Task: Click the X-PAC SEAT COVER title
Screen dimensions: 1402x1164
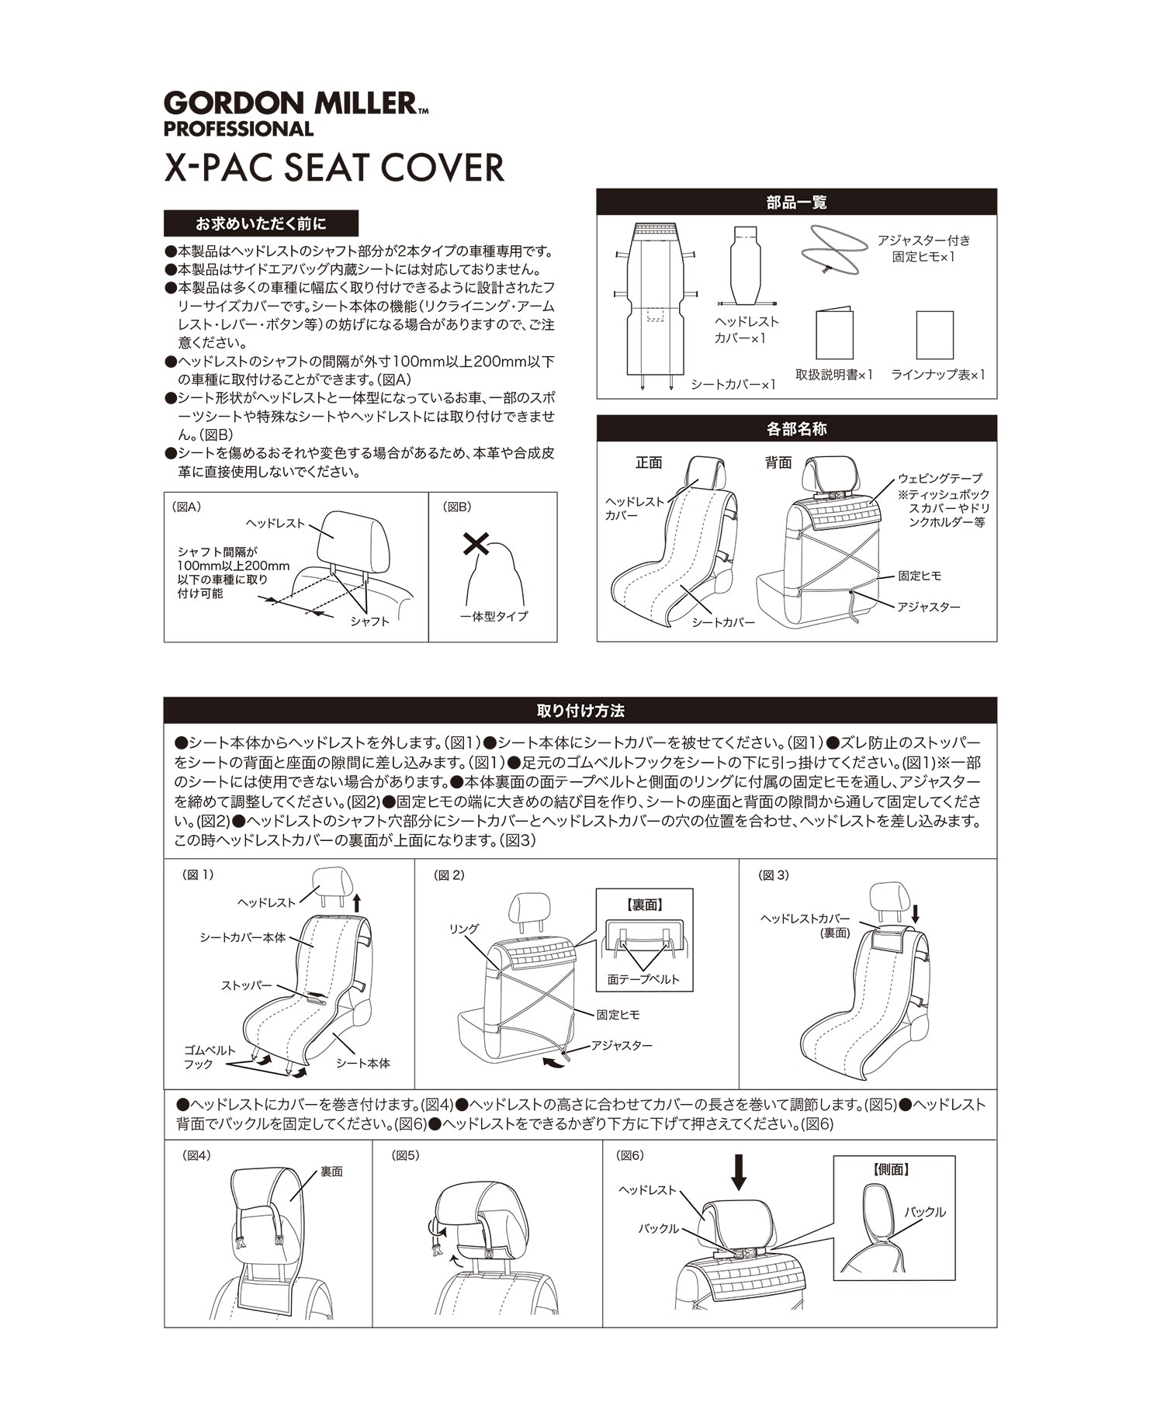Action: click(334, 168)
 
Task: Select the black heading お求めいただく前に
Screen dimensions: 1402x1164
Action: click(261, 224)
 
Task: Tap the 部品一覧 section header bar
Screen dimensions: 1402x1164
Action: click(796, 203)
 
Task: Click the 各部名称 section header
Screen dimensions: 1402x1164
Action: click(796, 429)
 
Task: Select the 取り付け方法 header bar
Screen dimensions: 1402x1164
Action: click(580, 711)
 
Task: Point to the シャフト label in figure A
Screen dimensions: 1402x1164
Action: click(369, 621)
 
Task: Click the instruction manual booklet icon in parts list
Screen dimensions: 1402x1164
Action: click(834, 334)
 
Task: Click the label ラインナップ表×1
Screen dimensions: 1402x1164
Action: click(938, 375)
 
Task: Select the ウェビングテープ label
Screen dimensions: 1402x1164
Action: click(940, 479)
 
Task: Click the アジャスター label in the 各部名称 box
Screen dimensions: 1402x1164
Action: click(928, 607)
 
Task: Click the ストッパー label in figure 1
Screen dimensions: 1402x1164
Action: click(246, 986)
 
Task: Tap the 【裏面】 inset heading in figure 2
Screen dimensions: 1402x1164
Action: click(644, 905)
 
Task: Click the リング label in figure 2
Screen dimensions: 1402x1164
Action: click(464, 929)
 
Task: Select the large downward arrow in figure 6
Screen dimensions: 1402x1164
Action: click(739, 1172)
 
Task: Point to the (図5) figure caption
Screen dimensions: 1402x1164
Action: click(406, 1155)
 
